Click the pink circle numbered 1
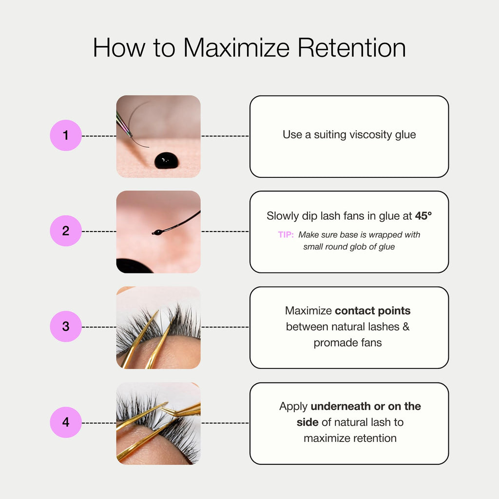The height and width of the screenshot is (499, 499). pos(66,135)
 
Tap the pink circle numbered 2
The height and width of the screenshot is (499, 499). pos(66,230)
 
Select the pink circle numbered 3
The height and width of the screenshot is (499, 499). pos(66,326)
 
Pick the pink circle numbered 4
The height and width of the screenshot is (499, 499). pos(66,422)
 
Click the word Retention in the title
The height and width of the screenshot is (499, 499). pos(352,48)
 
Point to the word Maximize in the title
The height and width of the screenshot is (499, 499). pos(236,48)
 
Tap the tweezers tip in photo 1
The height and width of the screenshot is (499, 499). pos(131,136)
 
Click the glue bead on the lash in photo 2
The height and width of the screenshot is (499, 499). pos(157,232)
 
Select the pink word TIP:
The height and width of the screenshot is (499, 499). pos(286,234)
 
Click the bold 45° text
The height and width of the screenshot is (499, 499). pos(423,216)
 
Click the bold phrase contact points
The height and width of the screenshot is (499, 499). pos(373,310)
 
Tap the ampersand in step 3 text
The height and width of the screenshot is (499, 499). pos(406,326)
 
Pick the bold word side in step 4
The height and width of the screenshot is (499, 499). pos(307,422)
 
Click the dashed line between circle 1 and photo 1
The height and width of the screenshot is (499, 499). pos(99,136)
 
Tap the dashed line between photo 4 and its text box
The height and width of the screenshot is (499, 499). pos(225,423)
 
